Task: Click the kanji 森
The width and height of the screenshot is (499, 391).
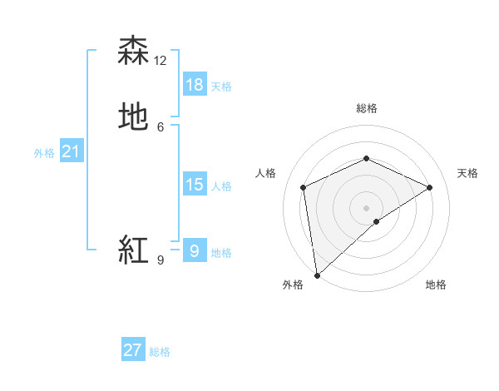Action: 133,51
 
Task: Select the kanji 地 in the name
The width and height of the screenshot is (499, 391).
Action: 133,117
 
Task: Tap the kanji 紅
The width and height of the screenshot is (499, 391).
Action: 133,250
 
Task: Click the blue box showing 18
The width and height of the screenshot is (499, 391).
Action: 195,85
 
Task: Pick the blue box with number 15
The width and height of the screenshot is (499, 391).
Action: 195,185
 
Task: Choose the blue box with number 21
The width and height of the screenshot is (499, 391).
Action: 71,151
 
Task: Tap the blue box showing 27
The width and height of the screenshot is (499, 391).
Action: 133,350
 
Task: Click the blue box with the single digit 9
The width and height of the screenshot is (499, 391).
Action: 195,250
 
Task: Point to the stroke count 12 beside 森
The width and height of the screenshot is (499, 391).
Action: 161,60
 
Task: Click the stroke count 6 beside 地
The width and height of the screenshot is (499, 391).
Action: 161,126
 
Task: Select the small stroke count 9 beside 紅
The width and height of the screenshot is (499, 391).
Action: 161,260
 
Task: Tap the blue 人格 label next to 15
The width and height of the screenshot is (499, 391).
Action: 221,186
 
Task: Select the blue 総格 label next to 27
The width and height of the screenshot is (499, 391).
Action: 160,352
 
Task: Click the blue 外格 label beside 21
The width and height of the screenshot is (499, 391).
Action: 44,153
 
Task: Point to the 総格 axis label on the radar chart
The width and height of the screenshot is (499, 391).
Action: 366,108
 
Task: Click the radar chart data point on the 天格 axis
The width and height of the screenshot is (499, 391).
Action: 430,187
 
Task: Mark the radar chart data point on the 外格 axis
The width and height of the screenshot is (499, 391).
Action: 317,275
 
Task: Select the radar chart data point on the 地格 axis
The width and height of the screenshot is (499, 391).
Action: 377,221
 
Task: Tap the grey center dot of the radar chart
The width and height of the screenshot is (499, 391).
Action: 366,207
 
